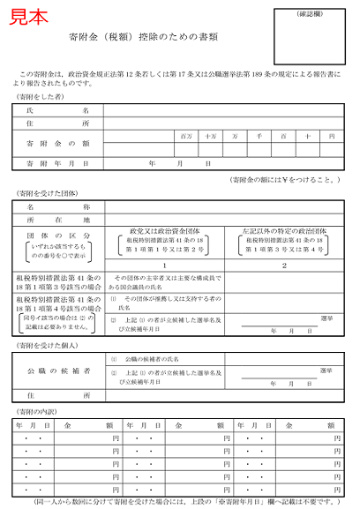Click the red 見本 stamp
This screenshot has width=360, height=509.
[29, 18]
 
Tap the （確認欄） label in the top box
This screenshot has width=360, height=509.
[315, 14]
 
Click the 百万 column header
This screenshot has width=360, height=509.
[185, 137]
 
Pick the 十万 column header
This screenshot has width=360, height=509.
[210, 137]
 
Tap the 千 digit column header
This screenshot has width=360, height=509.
[259, 137]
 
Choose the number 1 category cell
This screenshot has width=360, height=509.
[166, 265]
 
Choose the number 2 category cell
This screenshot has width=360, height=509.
[283, 265]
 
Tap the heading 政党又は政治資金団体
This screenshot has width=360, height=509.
[166, 231]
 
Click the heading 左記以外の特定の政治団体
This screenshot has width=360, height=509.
[283, 231]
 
